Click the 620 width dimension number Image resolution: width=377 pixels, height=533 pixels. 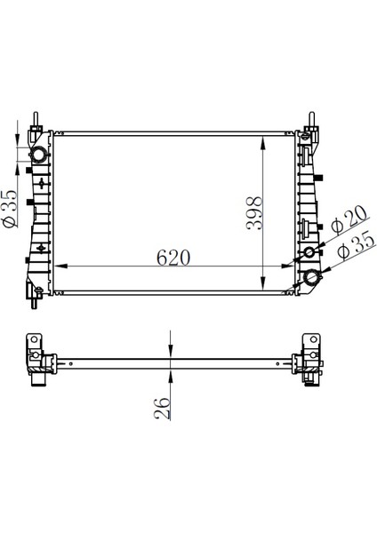(x=174, y=258)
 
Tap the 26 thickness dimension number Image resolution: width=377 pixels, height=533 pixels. (x=162, y=408)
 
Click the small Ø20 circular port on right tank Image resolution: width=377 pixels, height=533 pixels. (x=309, y=253)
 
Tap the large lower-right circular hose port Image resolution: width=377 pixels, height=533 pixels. (x=313, y=280)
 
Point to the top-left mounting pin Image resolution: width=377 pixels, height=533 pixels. (x=36, y=120)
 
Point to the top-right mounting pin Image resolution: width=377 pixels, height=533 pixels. (x=312, y=120)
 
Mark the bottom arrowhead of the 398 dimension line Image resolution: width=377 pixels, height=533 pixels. (x=263, y=284)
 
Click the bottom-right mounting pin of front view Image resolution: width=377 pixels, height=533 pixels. (x=314, y=299)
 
